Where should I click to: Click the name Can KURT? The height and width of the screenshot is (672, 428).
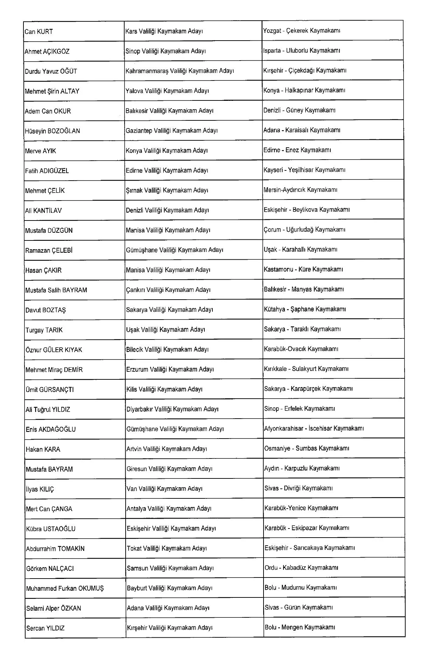39,32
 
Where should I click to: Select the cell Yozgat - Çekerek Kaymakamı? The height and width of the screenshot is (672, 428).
302,31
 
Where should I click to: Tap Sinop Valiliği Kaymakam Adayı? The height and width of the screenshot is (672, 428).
166,51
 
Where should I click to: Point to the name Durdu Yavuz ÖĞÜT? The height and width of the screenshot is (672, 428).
51,71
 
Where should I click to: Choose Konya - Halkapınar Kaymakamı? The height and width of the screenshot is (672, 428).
304,90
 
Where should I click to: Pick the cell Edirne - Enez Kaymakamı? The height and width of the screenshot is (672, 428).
297,150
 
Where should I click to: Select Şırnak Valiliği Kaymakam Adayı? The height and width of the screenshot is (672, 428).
167,190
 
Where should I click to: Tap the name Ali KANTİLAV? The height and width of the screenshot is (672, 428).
43,211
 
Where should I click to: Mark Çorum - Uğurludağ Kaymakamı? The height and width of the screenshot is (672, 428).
304,230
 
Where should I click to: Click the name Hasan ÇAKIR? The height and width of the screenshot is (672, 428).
43,270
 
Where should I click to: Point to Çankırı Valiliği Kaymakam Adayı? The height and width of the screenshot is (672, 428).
168,290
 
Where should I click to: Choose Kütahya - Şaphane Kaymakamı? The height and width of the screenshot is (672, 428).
305,309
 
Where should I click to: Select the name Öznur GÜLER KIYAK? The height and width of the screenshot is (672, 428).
54,350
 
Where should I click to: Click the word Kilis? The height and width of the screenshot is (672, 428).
132,389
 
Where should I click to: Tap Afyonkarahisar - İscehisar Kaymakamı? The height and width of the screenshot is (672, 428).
314,428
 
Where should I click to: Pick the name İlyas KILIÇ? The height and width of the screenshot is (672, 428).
40,489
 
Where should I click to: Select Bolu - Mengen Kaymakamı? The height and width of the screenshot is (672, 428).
300,627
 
